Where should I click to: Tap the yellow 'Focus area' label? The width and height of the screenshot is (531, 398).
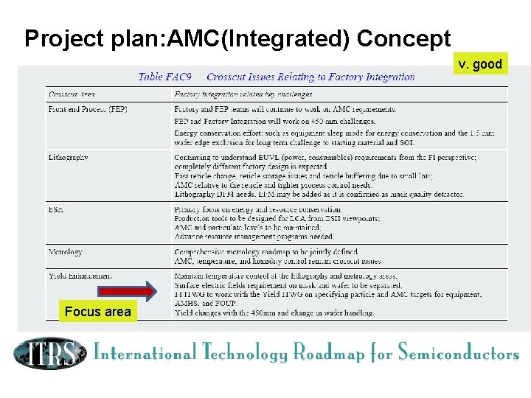coord(97,312)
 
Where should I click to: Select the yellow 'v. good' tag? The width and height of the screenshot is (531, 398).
coord(479,64)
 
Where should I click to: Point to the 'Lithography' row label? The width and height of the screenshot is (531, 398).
coord(69,157)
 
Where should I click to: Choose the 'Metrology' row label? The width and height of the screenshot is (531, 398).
coord(66,252)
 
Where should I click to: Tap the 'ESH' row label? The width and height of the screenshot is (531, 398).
coord(56,209)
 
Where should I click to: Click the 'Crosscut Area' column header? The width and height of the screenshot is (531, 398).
coord(72,94)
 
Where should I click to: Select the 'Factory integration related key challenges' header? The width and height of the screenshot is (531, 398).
coord(243,94)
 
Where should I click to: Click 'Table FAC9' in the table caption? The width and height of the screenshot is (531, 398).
coord(165,77)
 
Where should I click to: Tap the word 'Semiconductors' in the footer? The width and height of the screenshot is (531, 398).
coord(458,353)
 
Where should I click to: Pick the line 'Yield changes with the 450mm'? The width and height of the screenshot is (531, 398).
coord(274,313)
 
